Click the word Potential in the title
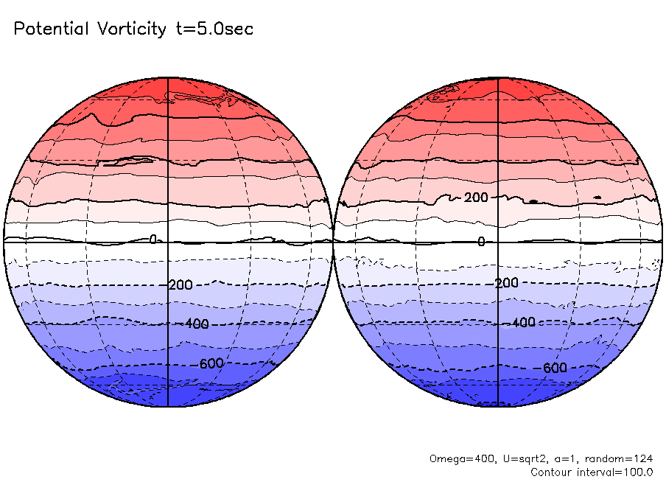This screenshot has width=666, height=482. pyautogui.click(x=52, y=29)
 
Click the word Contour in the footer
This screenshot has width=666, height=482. pyautogui.click(x=553, y=472)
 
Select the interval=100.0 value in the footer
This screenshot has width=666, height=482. pyautogui.click(x=619, y=472)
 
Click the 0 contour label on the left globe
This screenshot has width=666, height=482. pyautogui.click(x=153, y=240)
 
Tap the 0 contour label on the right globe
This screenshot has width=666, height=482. pyautogui.click(x=481, y=242)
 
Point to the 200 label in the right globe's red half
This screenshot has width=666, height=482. pyautogui.click(x=476, y=197)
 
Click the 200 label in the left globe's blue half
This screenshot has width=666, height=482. pyautogui.click(x=180, y=285)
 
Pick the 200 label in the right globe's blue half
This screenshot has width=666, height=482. pyautogui.click(x=507, y=283)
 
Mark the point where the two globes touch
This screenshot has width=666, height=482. pyautogui.click(x=333, y=241)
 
